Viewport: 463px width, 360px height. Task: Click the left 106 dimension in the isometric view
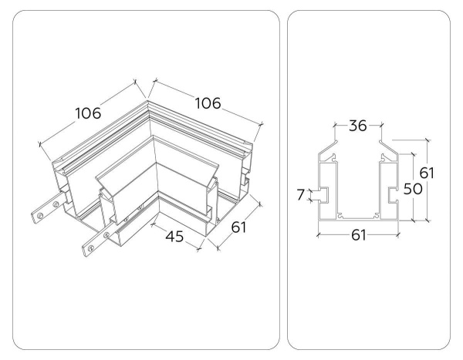pyautogui.click(x=87, y=114)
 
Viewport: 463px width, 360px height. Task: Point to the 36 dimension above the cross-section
pyautogui.click(x=357, y=126)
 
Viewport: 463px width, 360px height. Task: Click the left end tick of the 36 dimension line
pyautogui.click(x=335, y=126)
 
